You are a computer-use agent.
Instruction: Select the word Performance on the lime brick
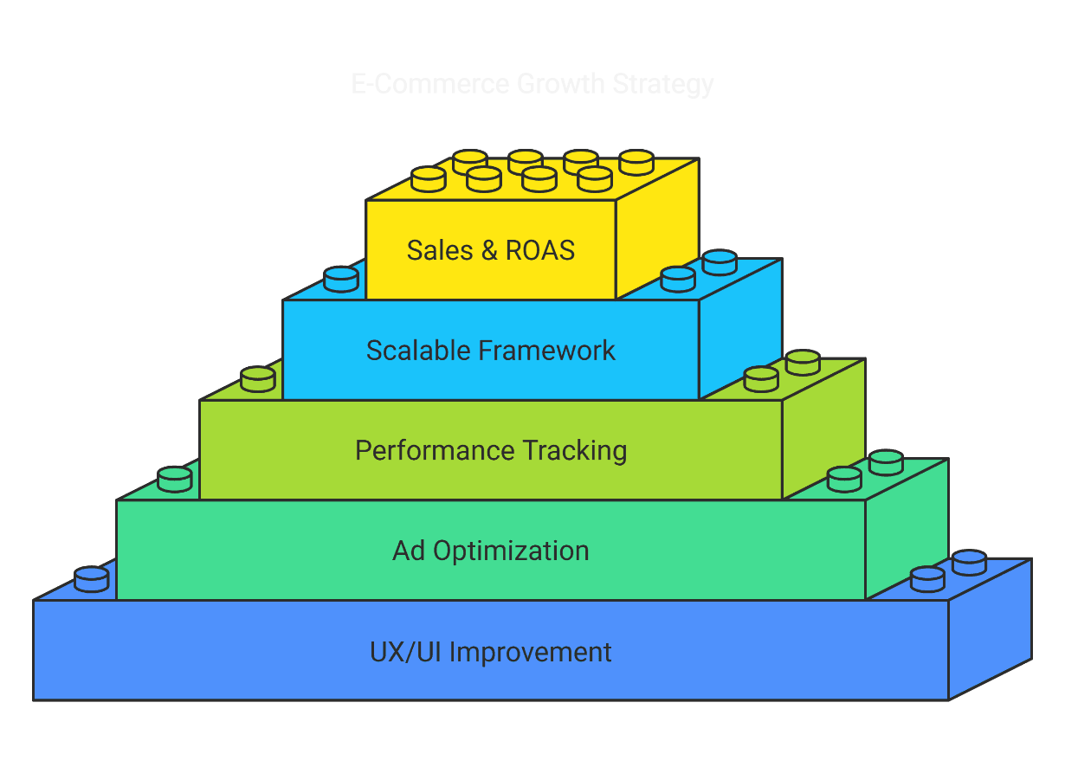[435, 451]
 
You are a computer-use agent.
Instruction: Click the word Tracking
[575, 451]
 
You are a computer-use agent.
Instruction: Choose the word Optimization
[512, 551]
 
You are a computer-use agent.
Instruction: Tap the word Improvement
[531, 651]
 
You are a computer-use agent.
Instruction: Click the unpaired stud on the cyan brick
[341, 279]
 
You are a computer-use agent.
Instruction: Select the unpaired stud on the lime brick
[258, 378]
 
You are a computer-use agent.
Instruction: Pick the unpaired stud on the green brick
[175, 479]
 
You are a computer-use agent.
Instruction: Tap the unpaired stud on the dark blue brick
[92, 578]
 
